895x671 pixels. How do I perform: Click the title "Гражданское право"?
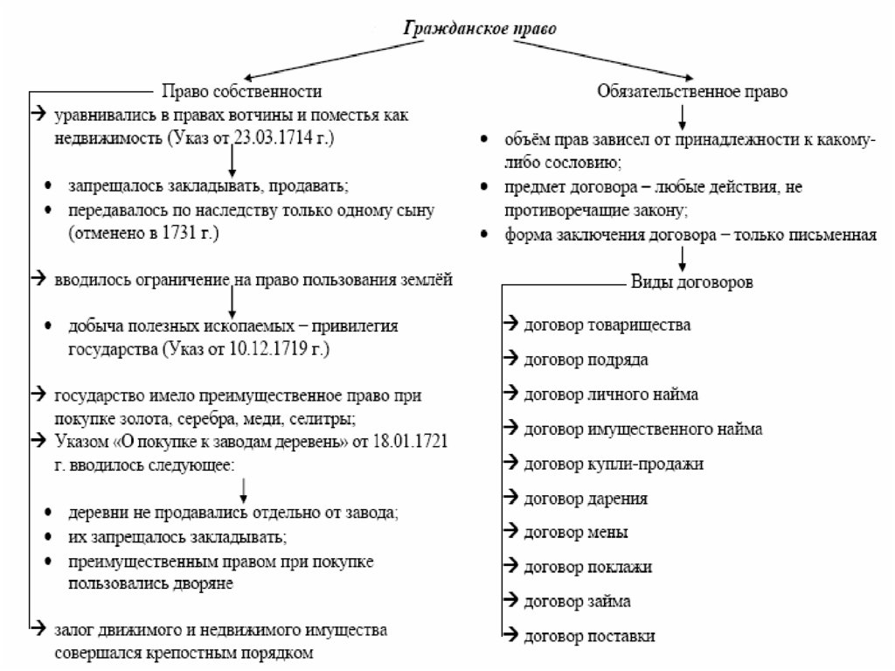[x=479, y=27]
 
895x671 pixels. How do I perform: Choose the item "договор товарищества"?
[x=607, y=325]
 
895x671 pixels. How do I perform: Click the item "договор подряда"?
[x=586, y=360]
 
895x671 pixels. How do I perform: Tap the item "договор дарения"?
[x=586, y=499]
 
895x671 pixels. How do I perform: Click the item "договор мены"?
[x=575, y=532]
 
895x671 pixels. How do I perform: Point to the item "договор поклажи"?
[x=587, y=567]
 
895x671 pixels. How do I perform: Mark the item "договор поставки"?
[x=589, y=636]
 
